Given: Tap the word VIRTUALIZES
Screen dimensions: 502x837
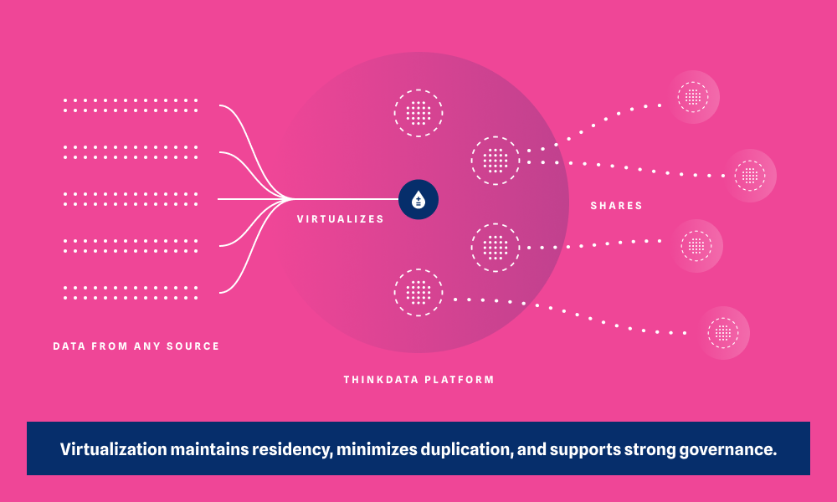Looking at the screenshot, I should pos(341,219).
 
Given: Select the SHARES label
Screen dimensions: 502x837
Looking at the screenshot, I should pos(616,206).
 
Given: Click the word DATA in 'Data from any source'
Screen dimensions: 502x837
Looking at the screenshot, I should pos(68,346).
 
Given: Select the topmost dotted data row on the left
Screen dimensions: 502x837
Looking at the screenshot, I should pos(131,105).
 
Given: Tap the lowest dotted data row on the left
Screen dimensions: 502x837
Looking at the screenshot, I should pos(131,293).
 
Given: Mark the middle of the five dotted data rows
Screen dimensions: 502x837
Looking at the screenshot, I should pos(131,199).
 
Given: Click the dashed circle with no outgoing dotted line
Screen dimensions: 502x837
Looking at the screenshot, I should pos(418,113).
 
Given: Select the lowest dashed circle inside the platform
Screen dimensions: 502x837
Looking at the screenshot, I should pos(418,292).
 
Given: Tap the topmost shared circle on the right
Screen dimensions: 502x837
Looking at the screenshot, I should pos(693,97).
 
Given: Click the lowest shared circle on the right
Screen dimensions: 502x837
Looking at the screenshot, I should pos(723,333).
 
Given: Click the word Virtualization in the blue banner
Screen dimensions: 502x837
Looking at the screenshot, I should pos(114,449).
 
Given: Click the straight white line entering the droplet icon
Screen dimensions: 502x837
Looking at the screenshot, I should pos(352,199).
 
